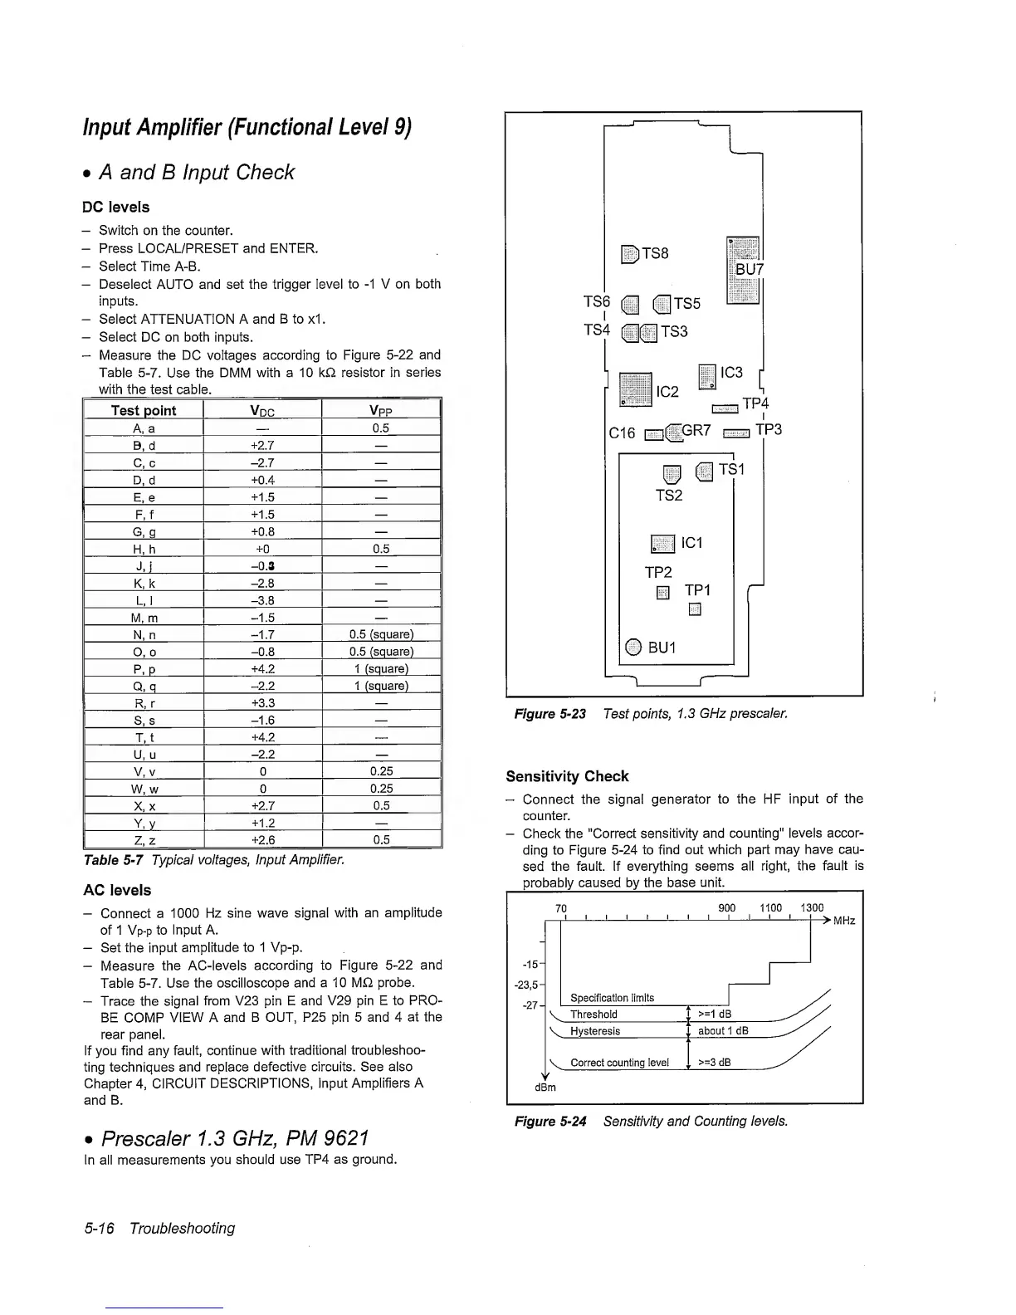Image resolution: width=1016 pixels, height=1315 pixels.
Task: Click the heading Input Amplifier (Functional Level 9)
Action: [x=247, y=128]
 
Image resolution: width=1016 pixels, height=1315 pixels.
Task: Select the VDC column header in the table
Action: [x=262, y=411]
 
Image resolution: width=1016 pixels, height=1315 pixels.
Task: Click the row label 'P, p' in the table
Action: [x=144, y=669]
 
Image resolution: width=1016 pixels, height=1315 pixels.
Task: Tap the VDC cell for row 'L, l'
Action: [x=262, y=600]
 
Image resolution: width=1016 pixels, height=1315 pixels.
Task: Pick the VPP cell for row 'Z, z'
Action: [x=380, y=839]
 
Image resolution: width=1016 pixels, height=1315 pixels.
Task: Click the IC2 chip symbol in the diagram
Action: [x=636, y=390]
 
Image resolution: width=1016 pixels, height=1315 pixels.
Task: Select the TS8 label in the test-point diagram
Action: [x=655, y=253]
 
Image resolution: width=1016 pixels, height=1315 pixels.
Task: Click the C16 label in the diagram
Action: [x=622, y=433]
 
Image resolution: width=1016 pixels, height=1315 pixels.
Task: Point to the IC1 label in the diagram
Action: [x=691, y=543]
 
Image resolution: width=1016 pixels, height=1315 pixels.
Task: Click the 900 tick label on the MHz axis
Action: [x=726, y=908]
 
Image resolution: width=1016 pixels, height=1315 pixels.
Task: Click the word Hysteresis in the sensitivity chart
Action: [x=595, y=1031]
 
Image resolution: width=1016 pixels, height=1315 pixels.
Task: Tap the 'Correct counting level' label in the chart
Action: [x=619, y=1063]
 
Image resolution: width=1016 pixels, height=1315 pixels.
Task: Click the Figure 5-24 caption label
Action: [x=550, y=1122]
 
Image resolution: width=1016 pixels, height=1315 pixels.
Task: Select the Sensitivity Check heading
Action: [x=567, y=776]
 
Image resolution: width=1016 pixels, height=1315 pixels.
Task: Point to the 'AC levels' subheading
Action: [x=117, y=890]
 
